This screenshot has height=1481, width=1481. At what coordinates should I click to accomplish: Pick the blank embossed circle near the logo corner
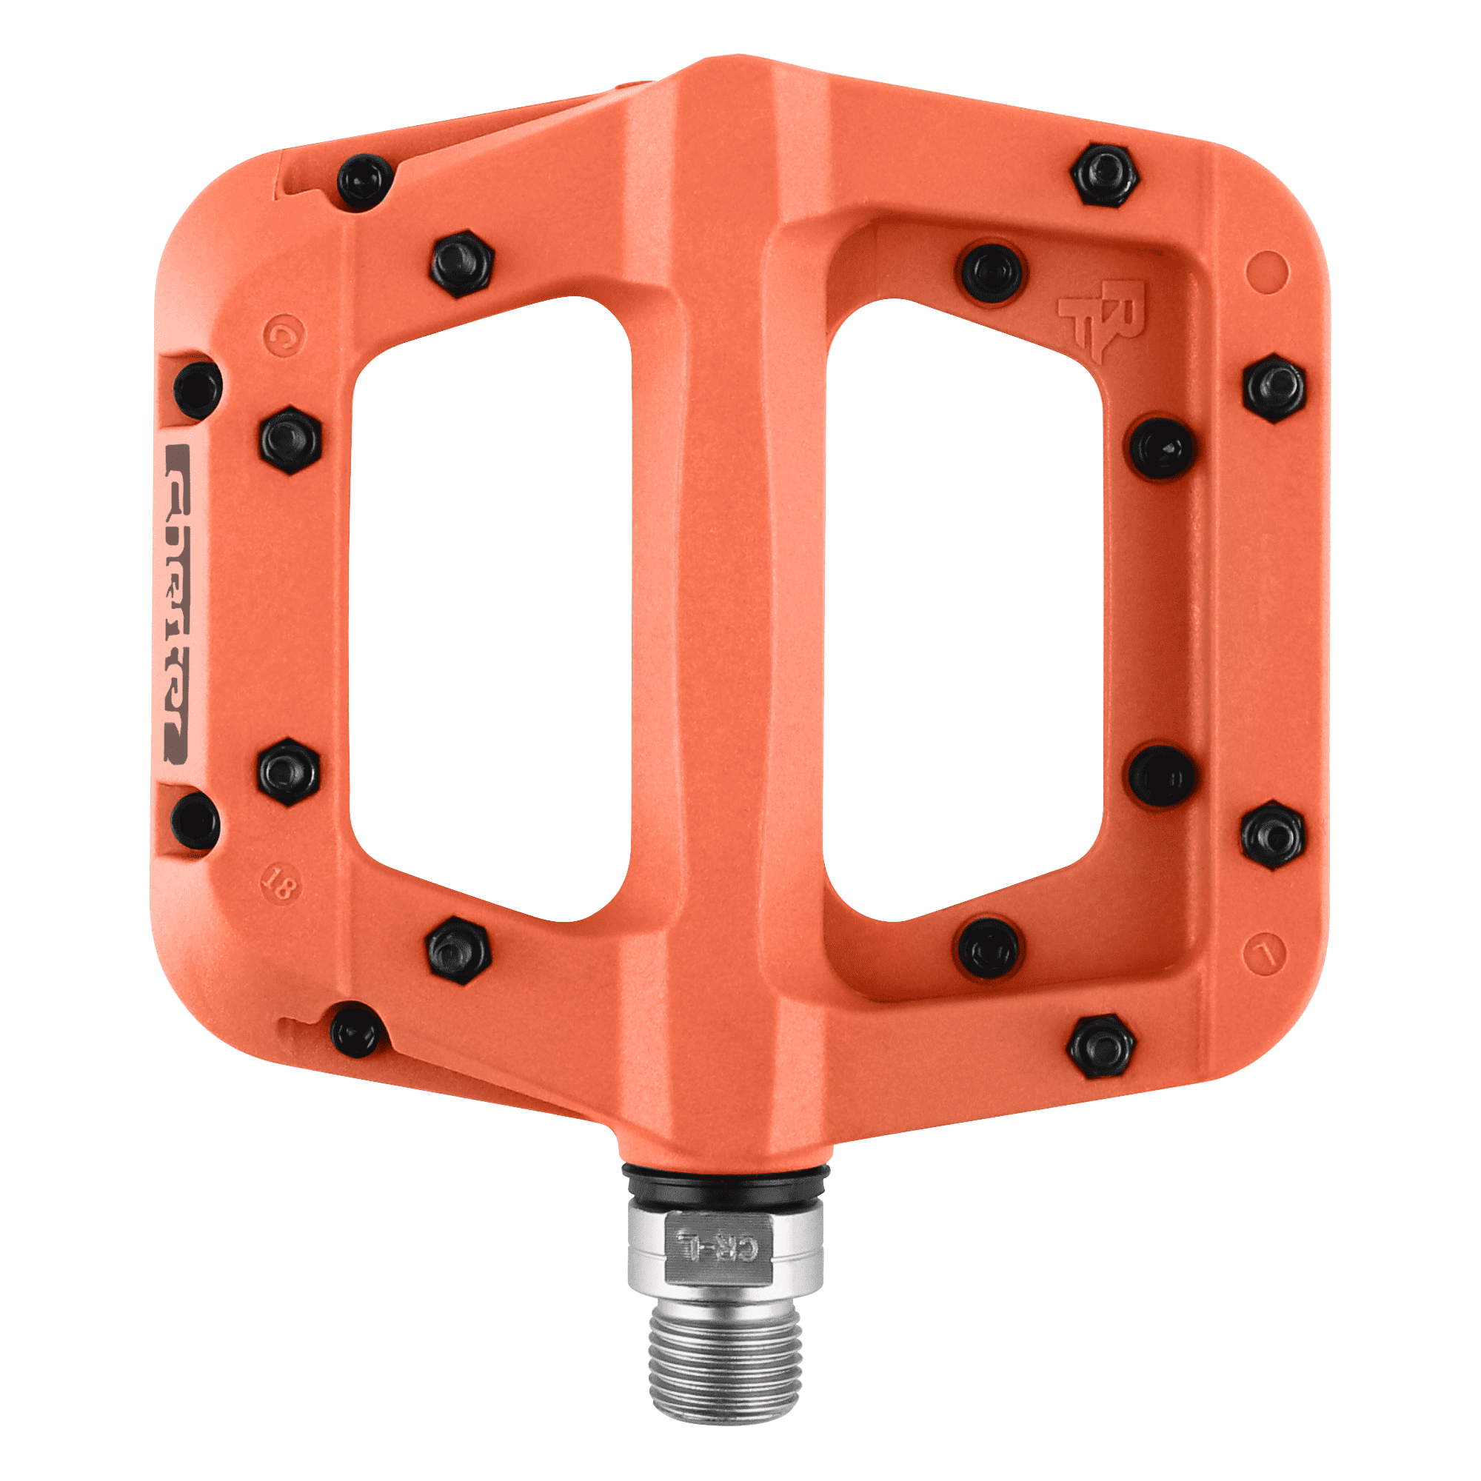coord(1266,272)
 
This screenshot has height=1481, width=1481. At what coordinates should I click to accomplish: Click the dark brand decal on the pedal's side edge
coord(176,604)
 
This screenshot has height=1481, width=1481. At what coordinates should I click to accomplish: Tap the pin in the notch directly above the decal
coord(197,387)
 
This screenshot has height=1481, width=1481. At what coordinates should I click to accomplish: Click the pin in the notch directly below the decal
coord(195,822)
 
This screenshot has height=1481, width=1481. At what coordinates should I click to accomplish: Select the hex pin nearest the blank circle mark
coord(1273,388)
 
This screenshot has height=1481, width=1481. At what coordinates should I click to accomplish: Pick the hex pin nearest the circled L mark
coord(1272,834)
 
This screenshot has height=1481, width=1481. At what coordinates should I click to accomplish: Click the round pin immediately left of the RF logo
coord(992,271)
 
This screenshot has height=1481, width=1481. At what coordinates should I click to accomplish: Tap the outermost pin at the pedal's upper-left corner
coord(366,182)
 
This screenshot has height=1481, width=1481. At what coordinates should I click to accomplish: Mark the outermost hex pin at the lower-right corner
coord(1103,1046)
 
